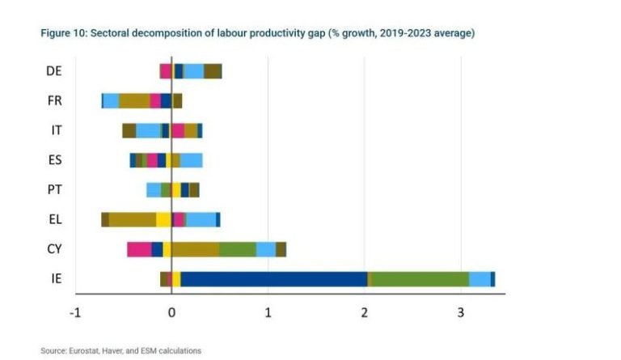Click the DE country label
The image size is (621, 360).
tap(54, 71)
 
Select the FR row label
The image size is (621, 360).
tap(54, 101)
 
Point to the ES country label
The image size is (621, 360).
tap(54, 160)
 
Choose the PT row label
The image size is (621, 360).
tap(54, 190)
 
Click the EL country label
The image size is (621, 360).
tap(54, 219)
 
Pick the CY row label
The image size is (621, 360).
tap(54, 249)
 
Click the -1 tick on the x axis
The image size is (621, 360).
tap(76, 311)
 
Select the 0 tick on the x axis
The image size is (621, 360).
tap(171, 311)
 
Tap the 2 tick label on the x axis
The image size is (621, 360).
tap(365, 311)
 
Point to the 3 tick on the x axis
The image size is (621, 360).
tap(461, 311)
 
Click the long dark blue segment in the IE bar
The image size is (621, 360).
tap(273, 279)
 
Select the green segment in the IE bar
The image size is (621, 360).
tap(419, 279)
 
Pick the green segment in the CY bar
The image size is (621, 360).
tap(238, 249)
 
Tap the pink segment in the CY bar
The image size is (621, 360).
tap(139, 249)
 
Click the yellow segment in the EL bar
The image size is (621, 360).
tap(163, 219)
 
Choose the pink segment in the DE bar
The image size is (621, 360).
tap(165, 71)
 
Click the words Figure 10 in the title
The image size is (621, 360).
tap(62, 33)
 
